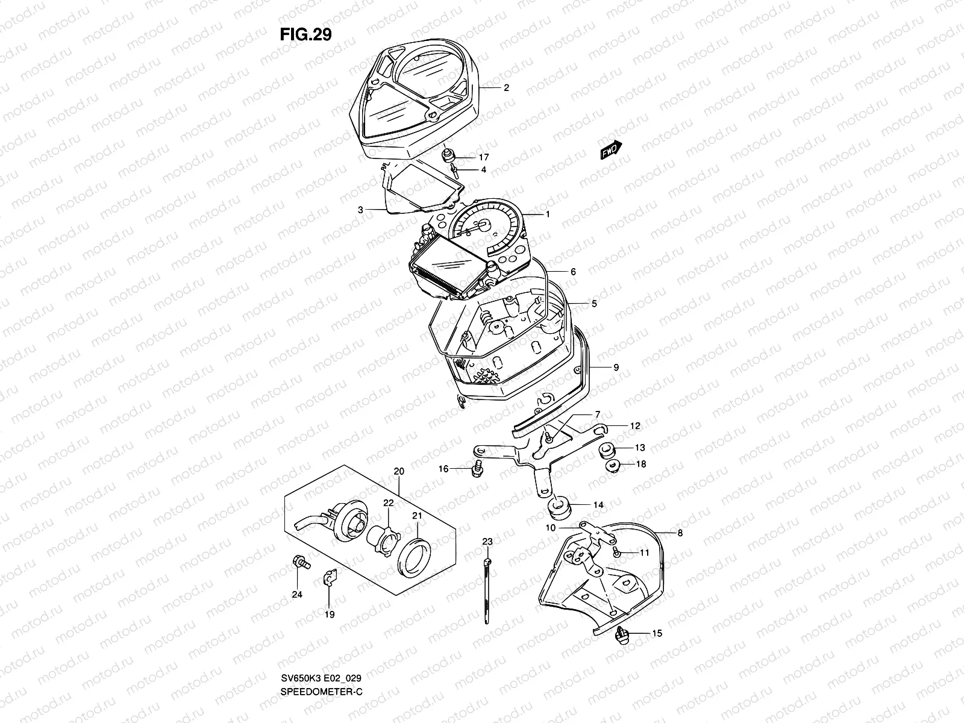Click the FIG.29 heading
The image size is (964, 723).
305,34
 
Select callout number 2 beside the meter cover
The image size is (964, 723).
506,87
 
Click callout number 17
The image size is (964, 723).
483,157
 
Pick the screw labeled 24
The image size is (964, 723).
299,561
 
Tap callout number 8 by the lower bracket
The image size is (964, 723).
680,533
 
